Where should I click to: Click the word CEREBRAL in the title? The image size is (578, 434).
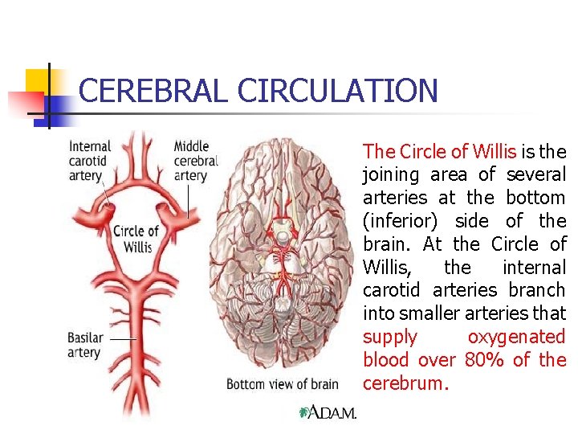point(153,90)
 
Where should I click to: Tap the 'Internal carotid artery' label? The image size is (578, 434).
point(90,161)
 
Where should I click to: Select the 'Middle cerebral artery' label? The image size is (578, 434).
point(196,161)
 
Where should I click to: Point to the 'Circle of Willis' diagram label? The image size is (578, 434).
point(135,239)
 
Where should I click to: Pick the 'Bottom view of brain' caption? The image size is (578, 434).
point(282,383)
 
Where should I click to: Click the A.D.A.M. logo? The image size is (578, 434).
point(328,412)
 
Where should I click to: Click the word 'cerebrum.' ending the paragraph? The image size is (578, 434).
point(405,383)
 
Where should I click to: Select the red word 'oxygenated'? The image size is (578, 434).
point(516,337)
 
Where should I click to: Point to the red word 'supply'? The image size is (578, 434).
point(390,337)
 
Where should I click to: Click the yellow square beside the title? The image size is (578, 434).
point(37,80)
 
